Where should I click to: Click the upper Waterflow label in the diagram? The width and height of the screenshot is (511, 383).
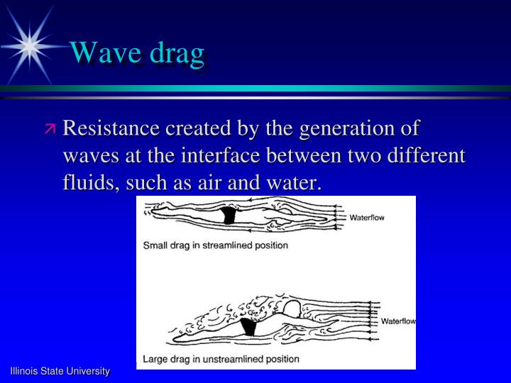[x=366, y=218]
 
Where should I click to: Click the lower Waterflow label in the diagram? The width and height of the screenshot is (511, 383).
[x=398, y=321]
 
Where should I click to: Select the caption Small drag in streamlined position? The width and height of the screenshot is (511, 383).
[x=216, y=245]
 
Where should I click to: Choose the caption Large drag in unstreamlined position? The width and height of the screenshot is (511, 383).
[x=221, y=359]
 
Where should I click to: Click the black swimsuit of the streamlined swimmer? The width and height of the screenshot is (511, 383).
[x=229, y=215]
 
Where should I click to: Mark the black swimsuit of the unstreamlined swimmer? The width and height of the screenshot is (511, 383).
[x=248, y=327]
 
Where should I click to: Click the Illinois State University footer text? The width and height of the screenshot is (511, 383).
[x=60, y=371]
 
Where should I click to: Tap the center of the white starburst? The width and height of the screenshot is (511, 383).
[x=29, y=45]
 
